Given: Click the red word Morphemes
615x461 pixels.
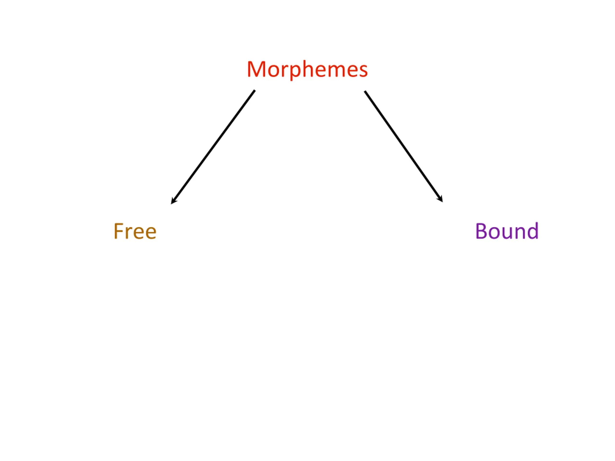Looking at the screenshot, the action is tap(307, 69).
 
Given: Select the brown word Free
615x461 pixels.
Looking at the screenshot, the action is tap(135, 231).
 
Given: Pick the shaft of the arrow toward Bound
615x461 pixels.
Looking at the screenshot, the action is tap(403, 146).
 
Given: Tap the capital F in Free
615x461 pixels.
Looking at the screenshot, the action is tap(118, 231).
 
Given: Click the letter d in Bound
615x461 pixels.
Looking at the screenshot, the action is tap(532, 231).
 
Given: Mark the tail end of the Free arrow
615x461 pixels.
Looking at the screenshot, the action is tap(254, 91).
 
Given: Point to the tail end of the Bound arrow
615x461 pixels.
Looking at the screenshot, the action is tap(365, 92).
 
